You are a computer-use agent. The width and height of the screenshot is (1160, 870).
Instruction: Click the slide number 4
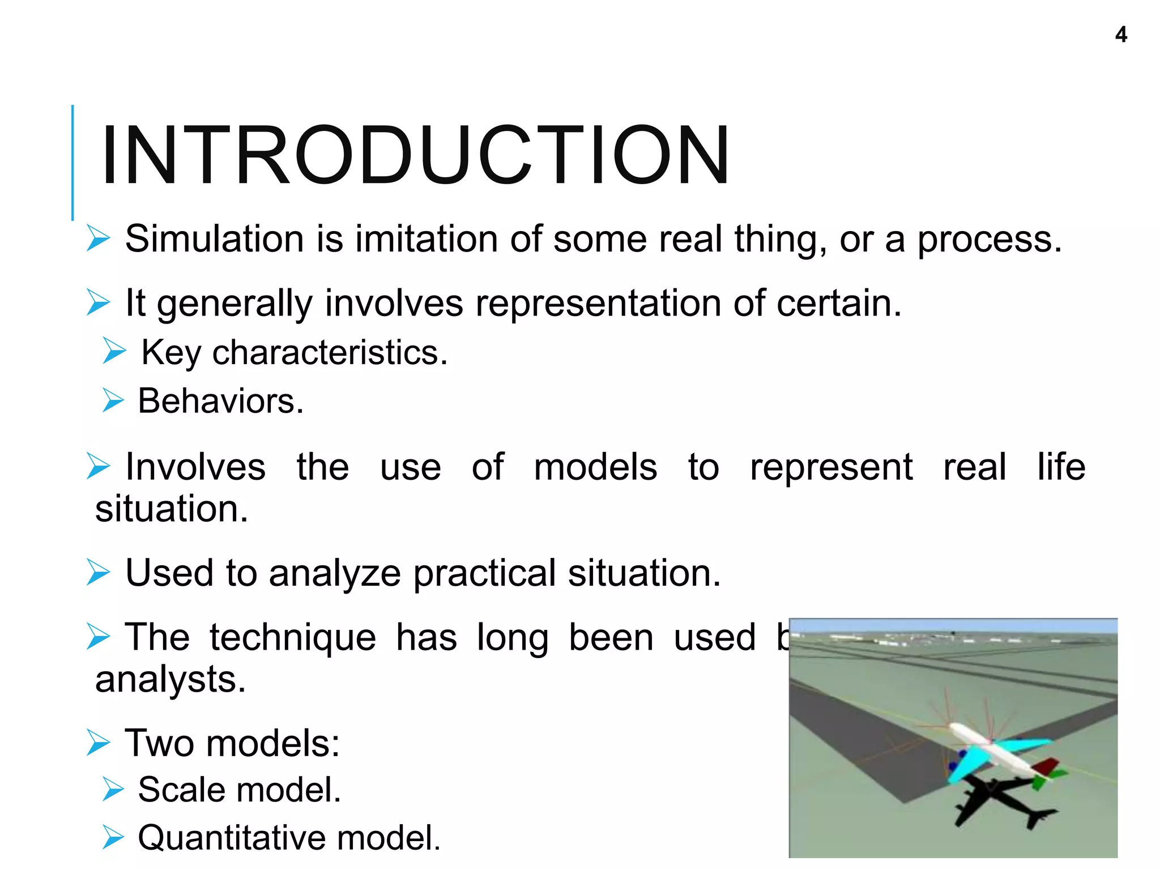pyautogui.click(x=1121, y=35)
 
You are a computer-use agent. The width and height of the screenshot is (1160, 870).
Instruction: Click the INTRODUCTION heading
pyautogui.click(x=415, y=156)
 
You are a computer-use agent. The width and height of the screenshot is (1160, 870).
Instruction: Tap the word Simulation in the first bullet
pyautogui.click(x=215, y=238)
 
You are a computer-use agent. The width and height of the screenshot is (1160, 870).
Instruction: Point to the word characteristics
pyautogui.click(x=330, y=352)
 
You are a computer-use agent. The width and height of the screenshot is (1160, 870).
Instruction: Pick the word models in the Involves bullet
pyautogui.click(x=595, y=467)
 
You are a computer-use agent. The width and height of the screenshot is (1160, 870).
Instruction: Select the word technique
pyautogui.click(x=292, y=637)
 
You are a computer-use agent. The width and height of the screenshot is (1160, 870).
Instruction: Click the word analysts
pyautogui.click(x=170, y=679)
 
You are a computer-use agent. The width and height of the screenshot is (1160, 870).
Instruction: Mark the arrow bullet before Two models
pyautogui.click(x=98, y=743)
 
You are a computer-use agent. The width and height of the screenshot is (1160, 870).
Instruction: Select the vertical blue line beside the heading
pyautogui.click(x=72, y=163)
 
